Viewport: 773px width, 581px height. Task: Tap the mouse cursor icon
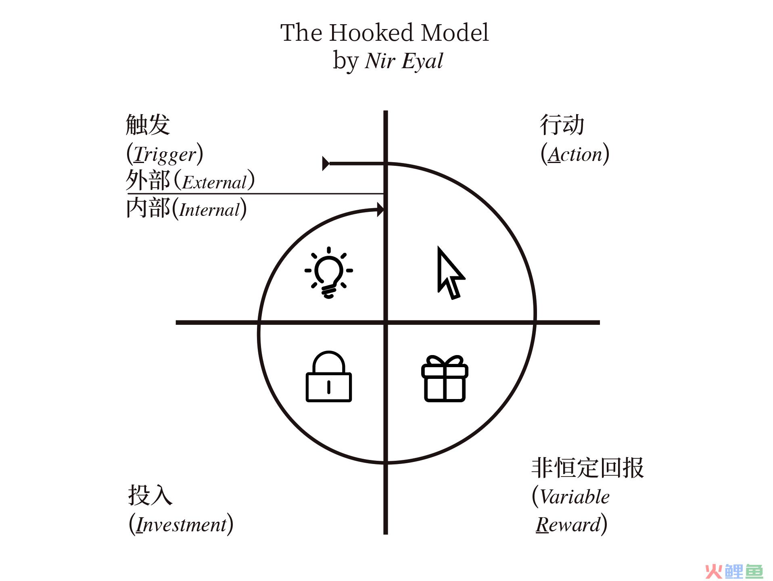[x=450, y=274]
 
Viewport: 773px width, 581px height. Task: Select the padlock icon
[x=329, y=377]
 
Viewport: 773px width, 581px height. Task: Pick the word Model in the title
[x=455, y=33]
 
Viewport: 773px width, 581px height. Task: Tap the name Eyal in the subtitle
[x=422, y=61]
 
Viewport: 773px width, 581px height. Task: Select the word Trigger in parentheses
[x=165, y=155]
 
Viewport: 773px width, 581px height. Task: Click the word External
[x=214, y=182]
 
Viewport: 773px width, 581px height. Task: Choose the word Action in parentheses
[x=575, y=155]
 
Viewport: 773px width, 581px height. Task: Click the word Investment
[x=181, y=525]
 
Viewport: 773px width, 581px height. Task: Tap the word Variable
[x=575, y=497]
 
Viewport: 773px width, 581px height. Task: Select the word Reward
[x=568, y=525]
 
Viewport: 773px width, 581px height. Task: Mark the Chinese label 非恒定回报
[x=587, y=468]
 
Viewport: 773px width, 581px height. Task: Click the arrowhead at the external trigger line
[x=326, y=163]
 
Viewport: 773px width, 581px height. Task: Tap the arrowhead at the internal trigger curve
[x=380, y=209]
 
